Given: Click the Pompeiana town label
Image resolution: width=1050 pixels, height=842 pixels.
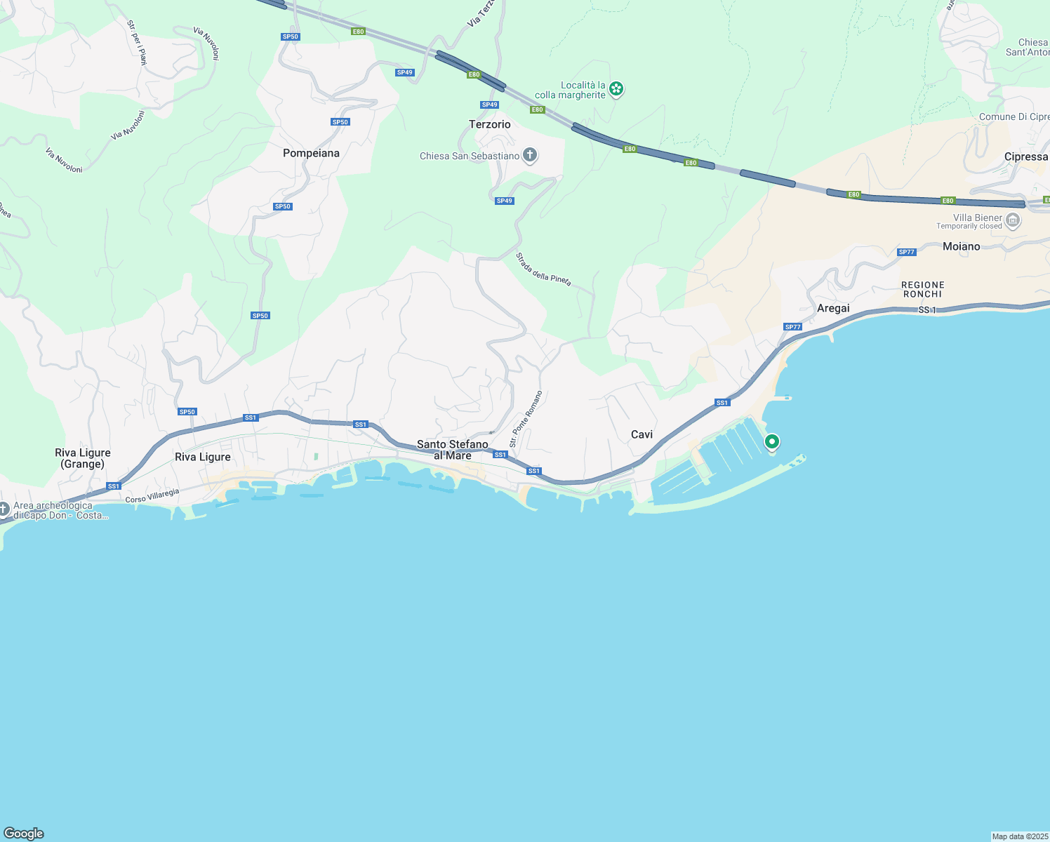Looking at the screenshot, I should point(311,153).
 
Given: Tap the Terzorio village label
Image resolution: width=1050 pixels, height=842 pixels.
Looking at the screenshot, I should point(490,124).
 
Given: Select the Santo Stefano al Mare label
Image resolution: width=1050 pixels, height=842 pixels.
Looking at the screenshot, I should point(453,450).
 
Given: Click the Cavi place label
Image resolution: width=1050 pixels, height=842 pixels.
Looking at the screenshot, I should point(642,434).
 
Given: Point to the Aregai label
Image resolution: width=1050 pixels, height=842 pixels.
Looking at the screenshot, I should point(833,308).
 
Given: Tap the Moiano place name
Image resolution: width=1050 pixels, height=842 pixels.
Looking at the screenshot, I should point(961,246).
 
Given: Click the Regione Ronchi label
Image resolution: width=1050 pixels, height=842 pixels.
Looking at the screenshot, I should point(922,290).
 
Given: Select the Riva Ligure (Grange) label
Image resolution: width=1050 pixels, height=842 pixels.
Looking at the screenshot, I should point(83,458).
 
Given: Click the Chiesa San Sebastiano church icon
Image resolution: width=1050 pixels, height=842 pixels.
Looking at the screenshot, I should point(530,155).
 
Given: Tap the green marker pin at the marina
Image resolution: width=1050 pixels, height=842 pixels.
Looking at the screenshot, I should point(772,442).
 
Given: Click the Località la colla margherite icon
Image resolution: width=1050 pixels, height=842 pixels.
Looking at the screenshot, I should point(616,88).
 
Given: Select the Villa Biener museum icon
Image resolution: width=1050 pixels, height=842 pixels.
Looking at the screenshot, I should point(1013,221).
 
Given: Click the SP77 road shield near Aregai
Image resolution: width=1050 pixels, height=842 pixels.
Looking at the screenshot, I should point(792,327).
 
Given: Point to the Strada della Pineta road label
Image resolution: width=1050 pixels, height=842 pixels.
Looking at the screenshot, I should point(544,269).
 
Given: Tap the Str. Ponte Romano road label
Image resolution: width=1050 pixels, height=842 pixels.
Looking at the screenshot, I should point(526,419).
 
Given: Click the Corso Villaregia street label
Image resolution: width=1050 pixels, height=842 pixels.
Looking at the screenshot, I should point(152,496).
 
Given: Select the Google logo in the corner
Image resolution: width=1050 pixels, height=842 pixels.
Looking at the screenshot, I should point(23,834).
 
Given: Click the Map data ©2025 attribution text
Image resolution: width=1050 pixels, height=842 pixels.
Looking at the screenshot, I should point(1019,836).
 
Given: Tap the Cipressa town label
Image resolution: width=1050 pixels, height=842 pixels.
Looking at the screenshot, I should point(1025,156).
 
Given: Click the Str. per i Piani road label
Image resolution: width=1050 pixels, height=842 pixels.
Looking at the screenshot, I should point(137,43).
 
